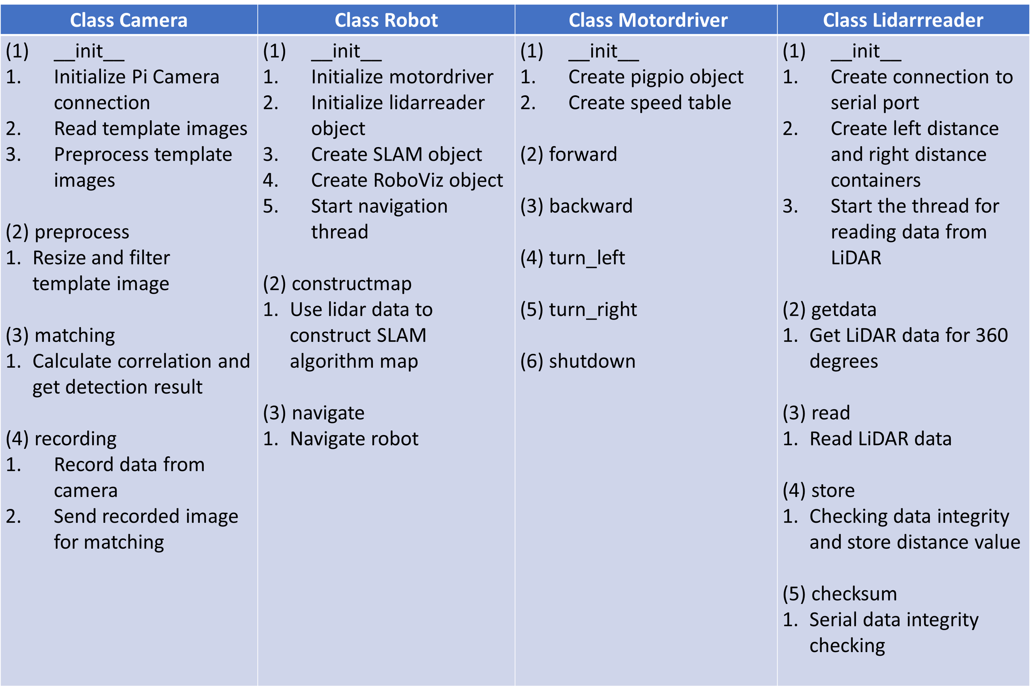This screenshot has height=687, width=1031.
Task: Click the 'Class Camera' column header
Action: coord(129,20)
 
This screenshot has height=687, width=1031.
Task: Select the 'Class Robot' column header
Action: coord(386,20)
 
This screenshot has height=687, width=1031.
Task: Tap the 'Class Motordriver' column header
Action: coord(648,20)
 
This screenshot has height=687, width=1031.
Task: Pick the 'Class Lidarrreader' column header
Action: coord(903,20)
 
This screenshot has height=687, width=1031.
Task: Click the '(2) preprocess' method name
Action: coord(67,232)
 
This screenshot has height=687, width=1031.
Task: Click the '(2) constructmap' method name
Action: coord(337,284)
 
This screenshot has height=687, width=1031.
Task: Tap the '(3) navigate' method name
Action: coord(313,413)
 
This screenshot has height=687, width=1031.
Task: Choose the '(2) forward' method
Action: coord(568,155)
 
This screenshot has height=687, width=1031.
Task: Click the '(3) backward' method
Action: coord(576,206)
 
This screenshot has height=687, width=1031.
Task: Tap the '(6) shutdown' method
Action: coord(578,361)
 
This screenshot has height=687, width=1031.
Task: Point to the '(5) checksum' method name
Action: coord(840,594)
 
